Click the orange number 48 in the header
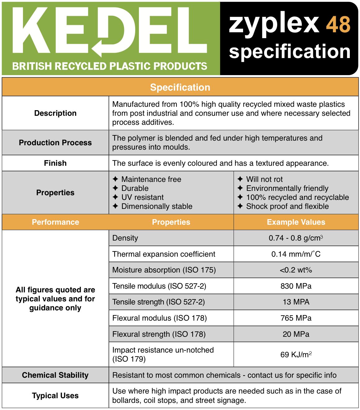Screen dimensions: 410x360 click(338, 25)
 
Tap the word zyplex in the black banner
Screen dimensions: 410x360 click(274, 25)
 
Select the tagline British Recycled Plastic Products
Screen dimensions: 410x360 click(109, 66)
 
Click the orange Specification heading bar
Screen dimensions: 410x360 click(180, 87)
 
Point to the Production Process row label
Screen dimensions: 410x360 click(55, 142)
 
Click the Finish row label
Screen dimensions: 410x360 click(55, 163)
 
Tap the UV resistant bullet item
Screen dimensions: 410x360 click(142, 197)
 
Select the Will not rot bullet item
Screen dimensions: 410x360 click(264, 179)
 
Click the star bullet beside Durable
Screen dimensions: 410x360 click(115, 188)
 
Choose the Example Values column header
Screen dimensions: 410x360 click(296, 222)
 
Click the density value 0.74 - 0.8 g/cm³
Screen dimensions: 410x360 click(296, 238)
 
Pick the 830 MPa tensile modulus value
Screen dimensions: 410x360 click(296, 286)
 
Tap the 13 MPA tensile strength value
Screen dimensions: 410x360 click(296, 302)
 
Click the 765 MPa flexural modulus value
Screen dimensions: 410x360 click(296, 318)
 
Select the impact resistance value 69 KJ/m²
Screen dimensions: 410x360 click(296, 354)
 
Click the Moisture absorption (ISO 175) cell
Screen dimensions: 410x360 click(164, 270)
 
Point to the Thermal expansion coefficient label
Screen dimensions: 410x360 click(164, 254)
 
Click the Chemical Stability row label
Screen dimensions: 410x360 click(55, 375)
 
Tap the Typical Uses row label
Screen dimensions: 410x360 click(55, 395)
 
